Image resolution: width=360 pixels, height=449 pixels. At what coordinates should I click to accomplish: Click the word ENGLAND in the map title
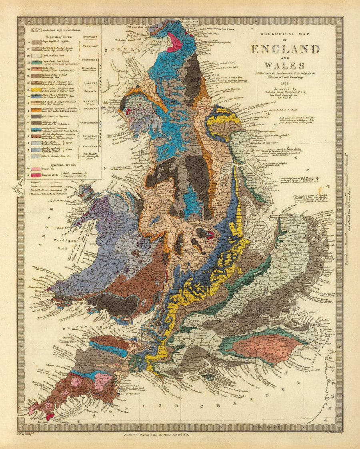pyautogui.click(x=285, y=49)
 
